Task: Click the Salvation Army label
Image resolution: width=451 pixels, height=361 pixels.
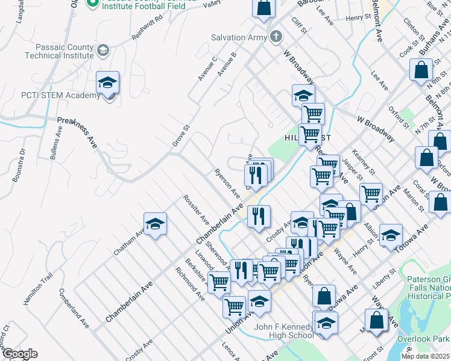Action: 238,37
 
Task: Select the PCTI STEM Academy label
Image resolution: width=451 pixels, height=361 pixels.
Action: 52,96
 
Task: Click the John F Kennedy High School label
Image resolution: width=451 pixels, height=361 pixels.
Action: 284,331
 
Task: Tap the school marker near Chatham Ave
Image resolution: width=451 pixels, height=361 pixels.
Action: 155,225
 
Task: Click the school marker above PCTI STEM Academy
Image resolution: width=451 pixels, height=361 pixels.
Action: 107,82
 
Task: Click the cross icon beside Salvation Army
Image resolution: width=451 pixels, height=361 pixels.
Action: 276,37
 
